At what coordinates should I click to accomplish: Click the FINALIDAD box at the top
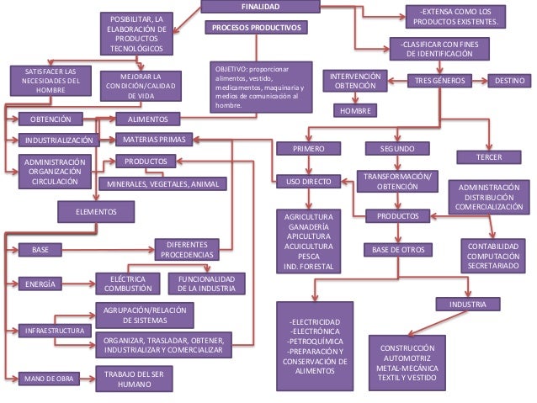[261, 8]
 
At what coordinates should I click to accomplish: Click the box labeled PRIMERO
[308, 149]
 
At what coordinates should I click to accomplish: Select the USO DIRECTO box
[308, 181]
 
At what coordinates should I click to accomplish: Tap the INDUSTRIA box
[467, 303]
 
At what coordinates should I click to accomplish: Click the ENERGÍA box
[42, 284]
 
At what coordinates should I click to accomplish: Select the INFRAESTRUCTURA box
[52, 331]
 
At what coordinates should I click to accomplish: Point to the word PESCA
[308, 255]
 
